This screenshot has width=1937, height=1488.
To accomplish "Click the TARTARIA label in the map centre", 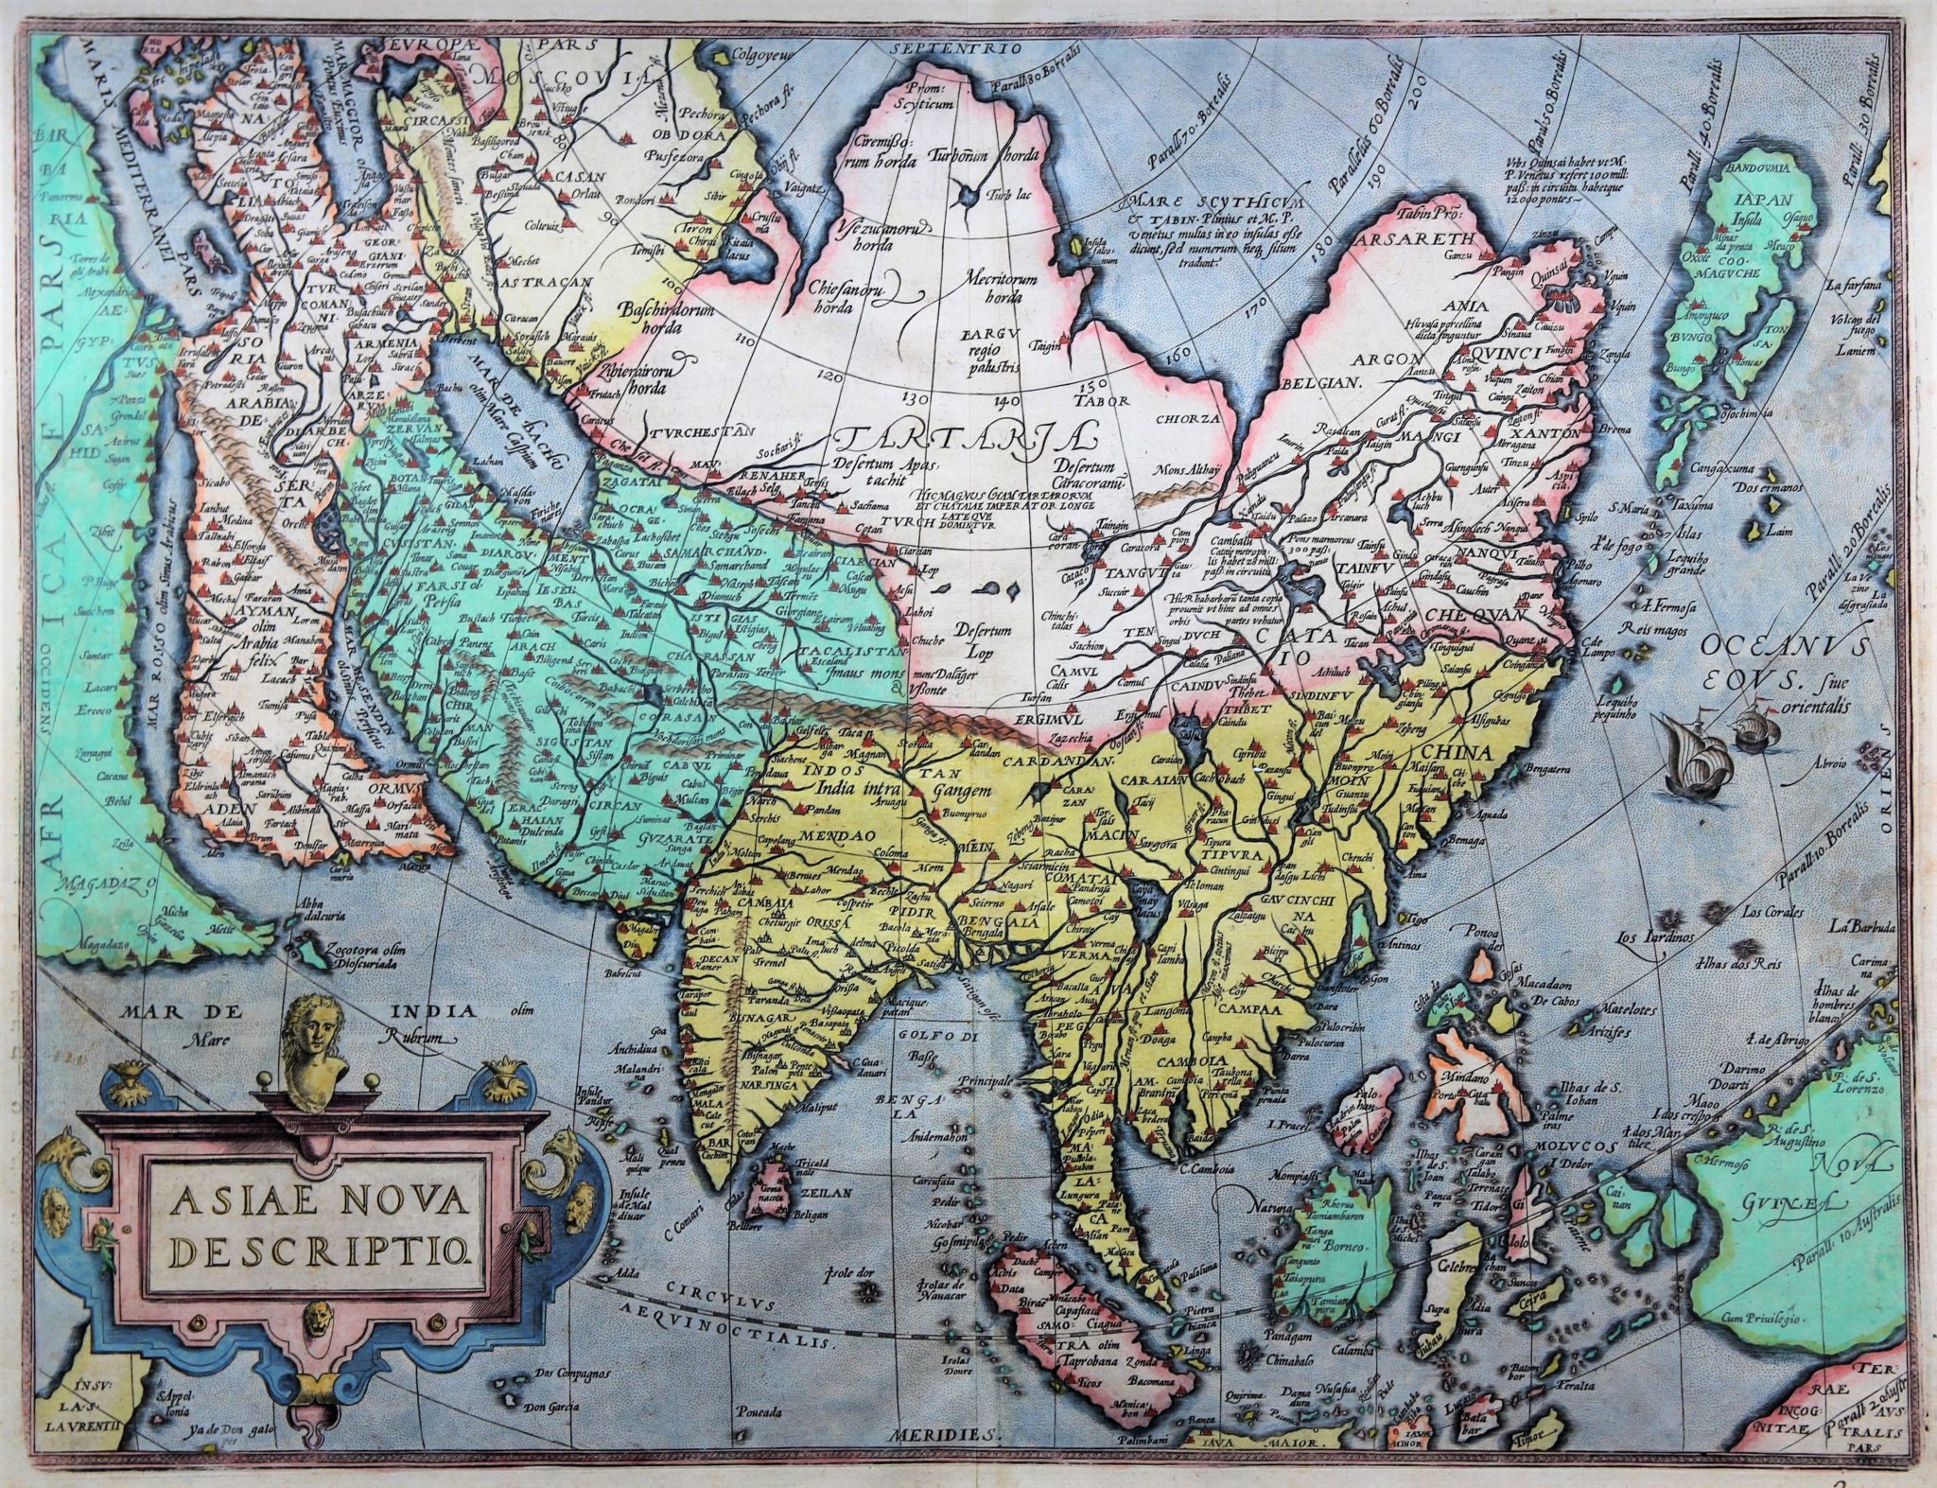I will [x=965, y=441].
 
